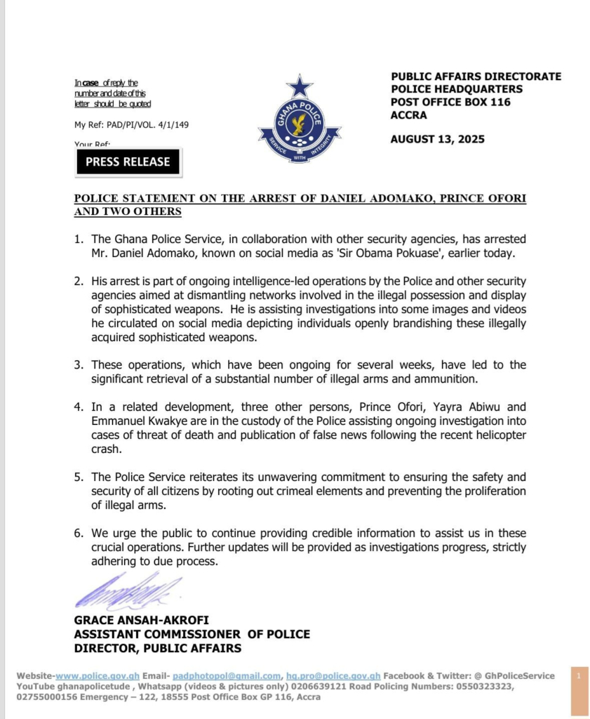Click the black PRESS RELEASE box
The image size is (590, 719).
(x=128, y=161)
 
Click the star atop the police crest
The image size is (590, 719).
(x=300, y=86)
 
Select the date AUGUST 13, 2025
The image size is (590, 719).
(x=437, y=139)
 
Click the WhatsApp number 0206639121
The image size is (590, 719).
(x=250, y=687)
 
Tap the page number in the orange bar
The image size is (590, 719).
(x=579, y=675)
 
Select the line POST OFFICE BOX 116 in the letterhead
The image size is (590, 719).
(x=450, y=102)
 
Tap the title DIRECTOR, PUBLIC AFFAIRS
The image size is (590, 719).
(x=158, y=648)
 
